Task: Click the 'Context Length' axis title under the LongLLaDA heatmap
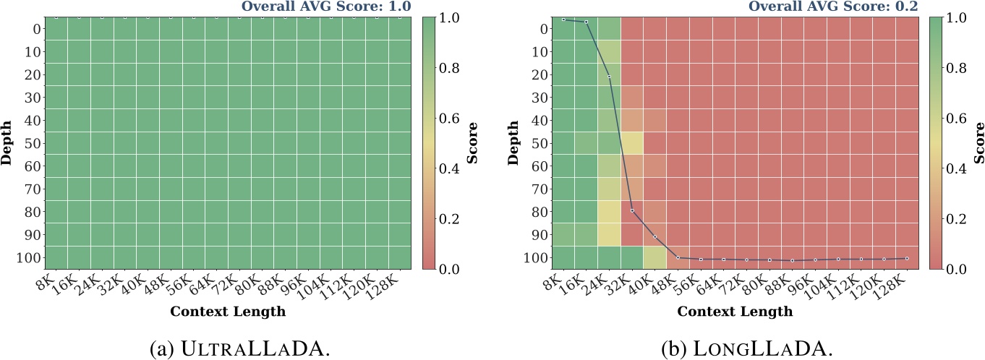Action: click(x=734, y=312)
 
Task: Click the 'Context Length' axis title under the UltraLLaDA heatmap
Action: click(x=228, y=312)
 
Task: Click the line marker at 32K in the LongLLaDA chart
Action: click(x=632, y=210)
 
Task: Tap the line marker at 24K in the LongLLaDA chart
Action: click(x=609, y=77)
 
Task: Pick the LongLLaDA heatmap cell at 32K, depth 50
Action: click(x=632, y=143)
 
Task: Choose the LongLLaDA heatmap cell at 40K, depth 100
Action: click(x=654, y=257)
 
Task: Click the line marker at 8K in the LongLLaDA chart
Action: click(x=563, y=20)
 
